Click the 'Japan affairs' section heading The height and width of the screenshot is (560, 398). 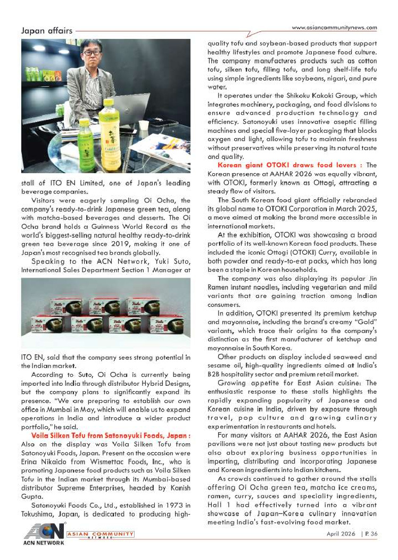[x=47, y=31]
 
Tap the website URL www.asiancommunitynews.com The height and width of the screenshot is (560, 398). [x=335, y=28]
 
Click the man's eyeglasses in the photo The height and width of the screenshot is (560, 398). [x=92, y=54]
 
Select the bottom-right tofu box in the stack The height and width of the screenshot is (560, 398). [x=167, y=326]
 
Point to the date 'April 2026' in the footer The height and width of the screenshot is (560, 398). [x=341, y=533]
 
